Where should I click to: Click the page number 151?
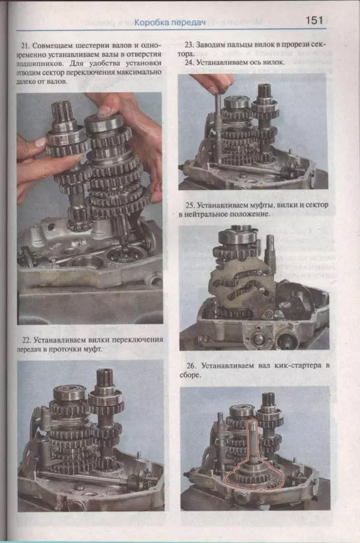click(314, 20)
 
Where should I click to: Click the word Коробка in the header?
click(151, 23)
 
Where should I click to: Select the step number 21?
click(25, 46)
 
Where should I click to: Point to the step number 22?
click(26, 340)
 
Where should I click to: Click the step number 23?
click(189, 44)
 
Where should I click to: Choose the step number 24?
click(189, 62)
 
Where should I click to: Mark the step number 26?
click(191, 365)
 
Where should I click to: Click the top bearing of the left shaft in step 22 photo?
click(69, 394)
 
